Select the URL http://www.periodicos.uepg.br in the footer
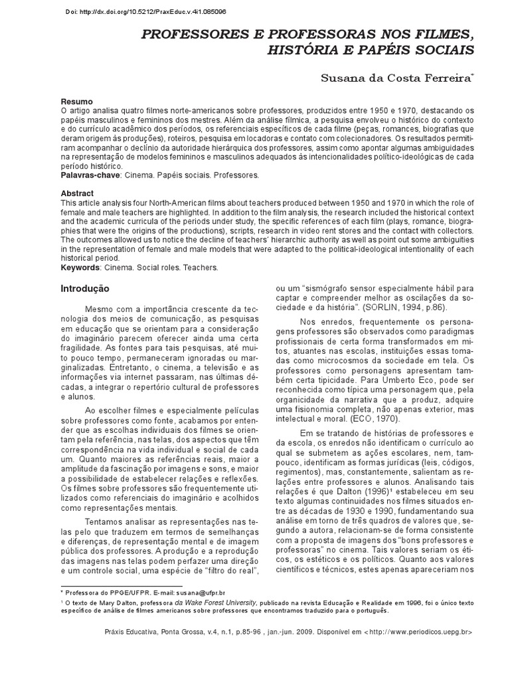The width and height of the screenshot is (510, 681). click(420, 632)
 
